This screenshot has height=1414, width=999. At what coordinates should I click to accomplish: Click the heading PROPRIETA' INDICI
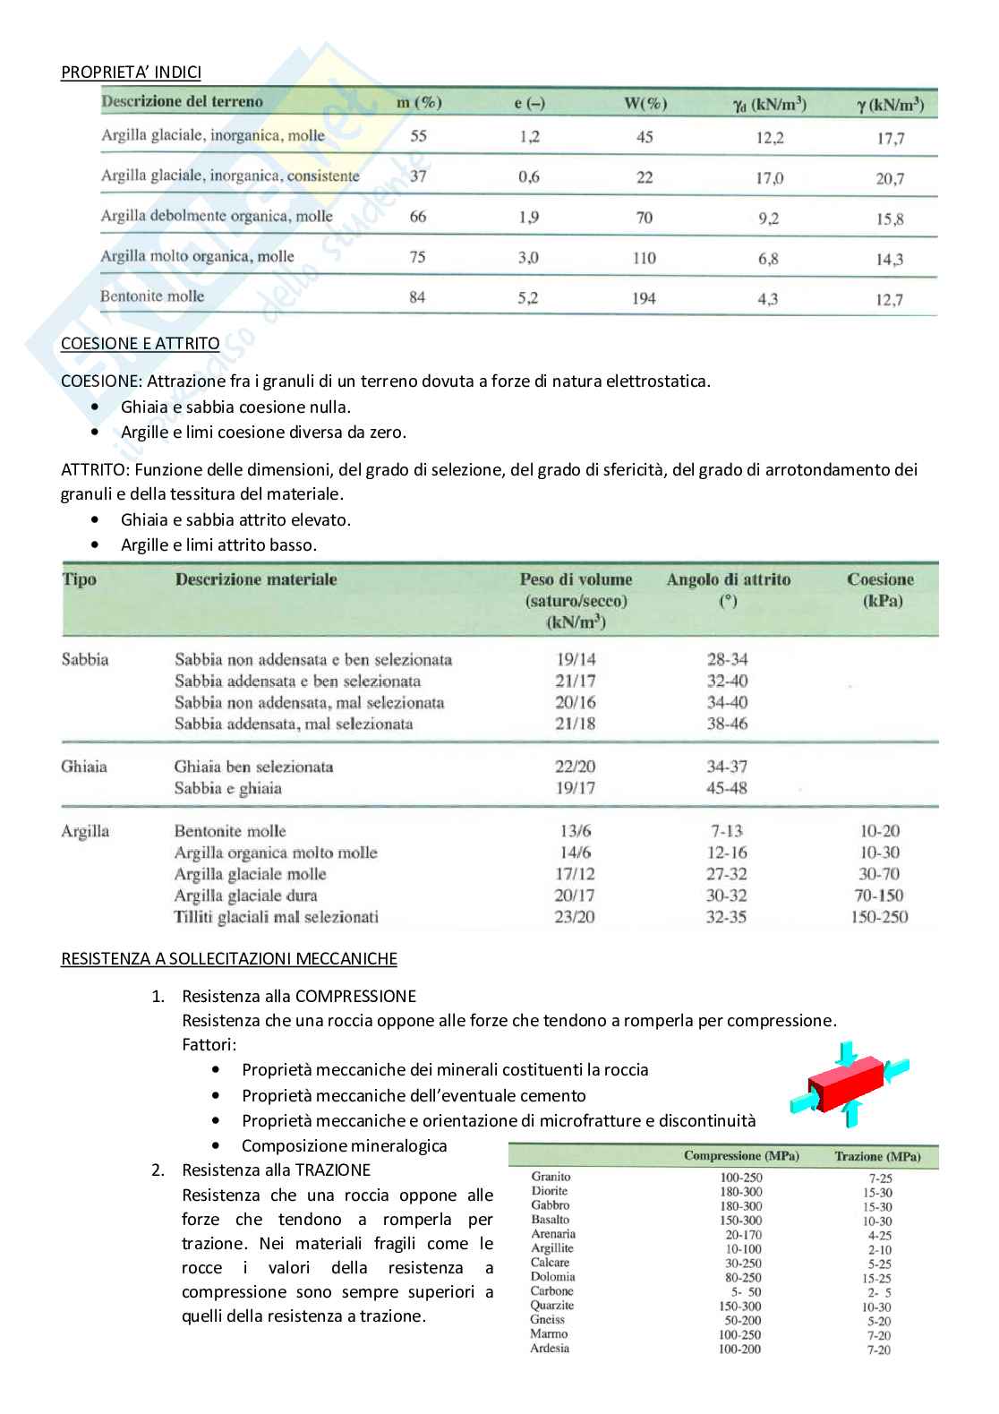point(131,72)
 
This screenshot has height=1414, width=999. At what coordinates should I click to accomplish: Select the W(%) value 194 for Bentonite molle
point(644,298)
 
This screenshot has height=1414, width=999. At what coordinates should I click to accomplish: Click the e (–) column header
point(529,103)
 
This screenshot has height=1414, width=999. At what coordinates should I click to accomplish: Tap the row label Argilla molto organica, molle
point(197,256)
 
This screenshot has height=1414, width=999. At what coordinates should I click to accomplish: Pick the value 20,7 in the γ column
point(890,178)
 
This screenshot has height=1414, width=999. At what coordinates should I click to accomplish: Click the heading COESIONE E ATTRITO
point(140,343)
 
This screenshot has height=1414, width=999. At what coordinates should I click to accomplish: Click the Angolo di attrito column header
point(728,579)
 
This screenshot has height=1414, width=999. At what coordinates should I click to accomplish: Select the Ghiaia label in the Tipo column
point(83,767)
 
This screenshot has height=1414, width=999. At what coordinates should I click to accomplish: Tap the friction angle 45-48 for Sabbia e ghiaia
point(727,788)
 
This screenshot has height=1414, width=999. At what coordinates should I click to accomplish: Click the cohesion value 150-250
point(879,917)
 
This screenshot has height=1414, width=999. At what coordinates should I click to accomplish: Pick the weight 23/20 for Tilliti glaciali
point(575,917)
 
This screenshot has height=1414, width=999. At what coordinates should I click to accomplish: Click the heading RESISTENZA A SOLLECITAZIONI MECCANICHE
point(228,958)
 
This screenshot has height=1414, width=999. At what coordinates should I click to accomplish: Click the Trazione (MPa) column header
point(877,1156)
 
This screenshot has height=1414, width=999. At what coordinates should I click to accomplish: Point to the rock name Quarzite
point(552,1306)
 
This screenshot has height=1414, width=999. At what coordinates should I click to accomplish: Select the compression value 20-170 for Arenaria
point(743,1234)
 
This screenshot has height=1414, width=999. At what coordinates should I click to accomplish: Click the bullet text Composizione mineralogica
point(344,1145)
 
